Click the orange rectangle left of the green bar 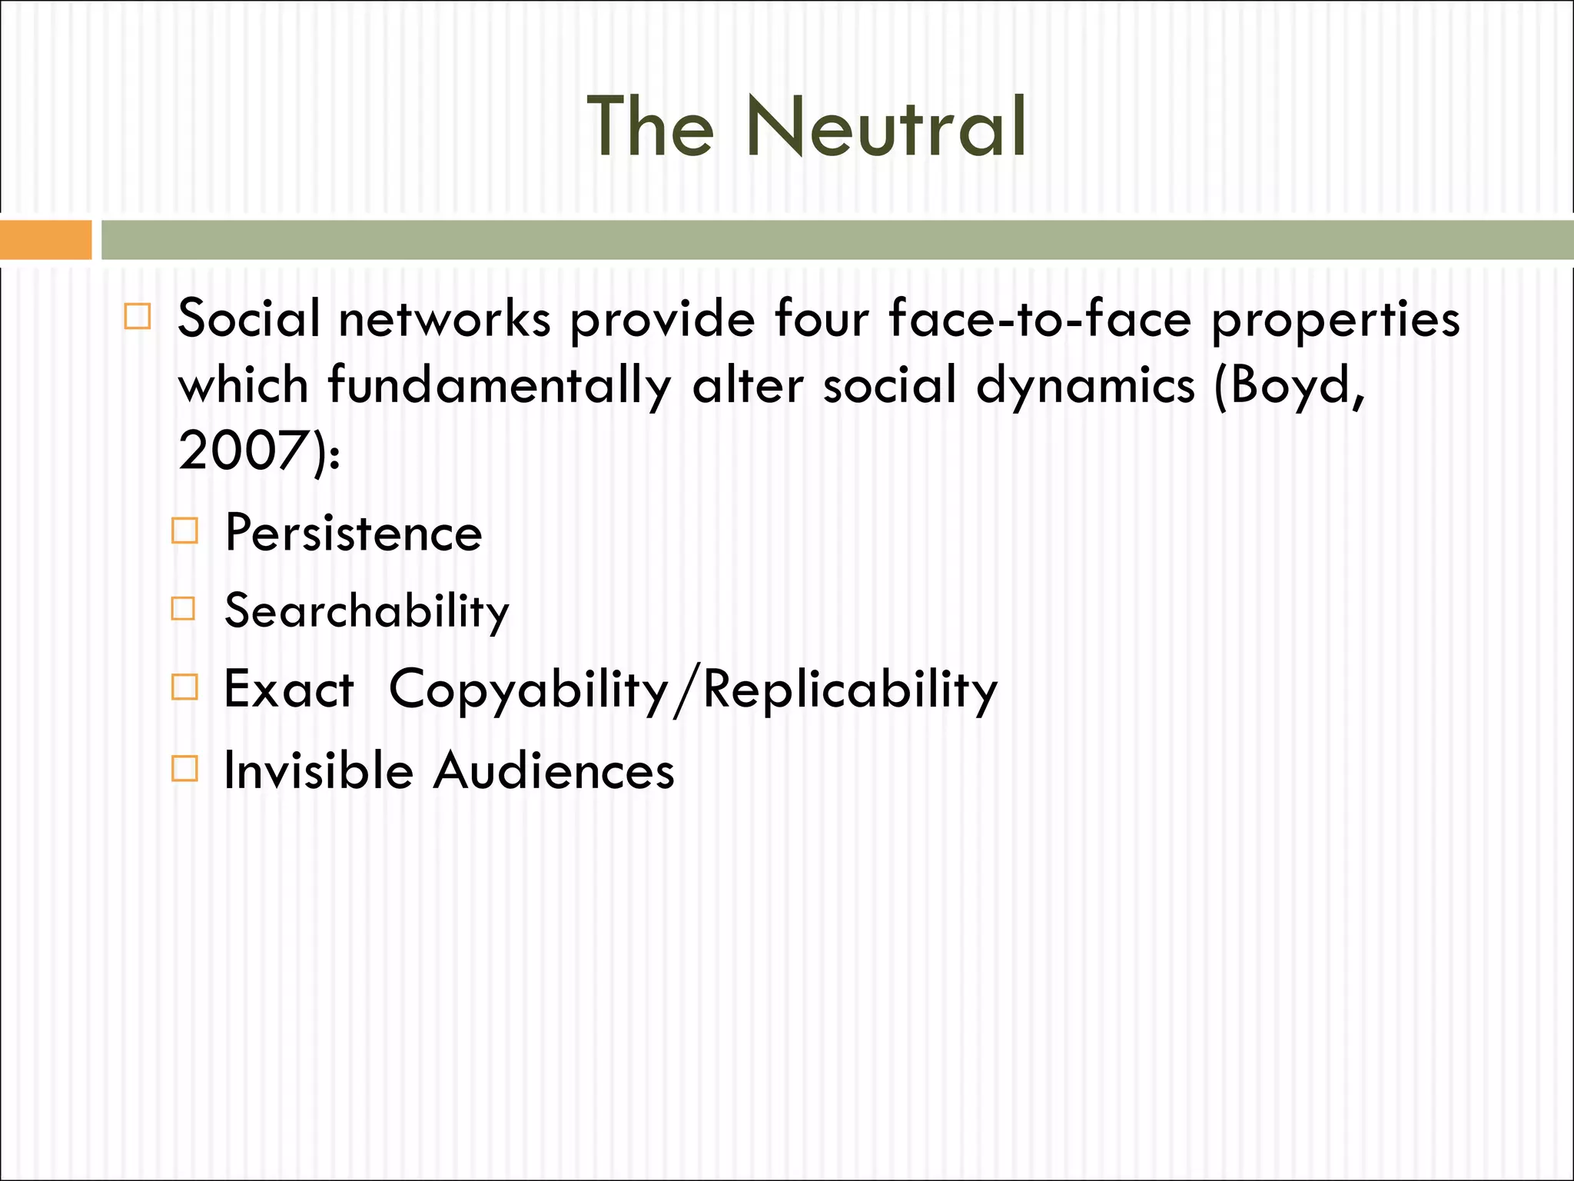click(45, 240)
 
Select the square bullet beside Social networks click(138, 317)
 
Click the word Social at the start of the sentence click(249, 318)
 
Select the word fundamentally click(500, 386)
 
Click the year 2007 click(241, 451)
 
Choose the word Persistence click(354, 533)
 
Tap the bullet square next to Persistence click(184, 531)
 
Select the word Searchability click(367, 612)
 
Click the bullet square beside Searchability click(184, 609)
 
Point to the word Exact click(289, 689)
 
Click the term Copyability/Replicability click(693, 690)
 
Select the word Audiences click(553, 770)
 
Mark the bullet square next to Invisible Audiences click(184, 768)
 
